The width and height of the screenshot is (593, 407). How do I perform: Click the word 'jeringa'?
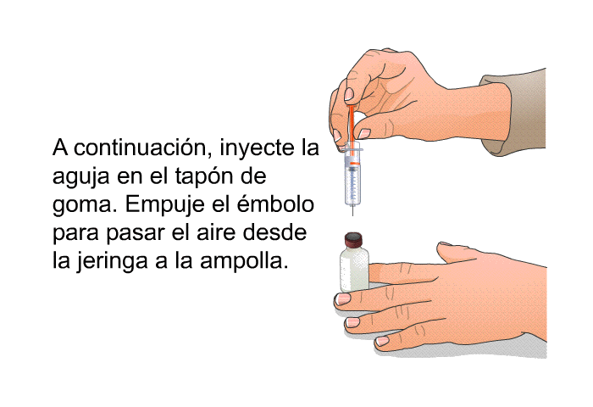(x=112, y=262)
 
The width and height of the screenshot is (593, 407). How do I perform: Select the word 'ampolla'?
(x=244, y=262)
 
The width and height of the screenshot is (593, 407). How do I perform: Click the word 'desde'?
(x=274, y=232)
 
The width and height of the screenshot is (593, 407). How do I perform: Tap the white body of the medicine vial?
(x=354, y=270)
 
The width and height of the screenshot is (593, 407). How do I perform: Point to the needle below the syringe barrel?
(x=353, y=210)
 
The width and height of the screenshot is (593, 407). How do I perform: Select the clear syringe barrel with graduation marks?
(x=352, y=177)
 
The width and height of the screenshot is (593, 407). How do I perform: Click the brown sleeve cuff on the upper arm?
(x=513, y=112)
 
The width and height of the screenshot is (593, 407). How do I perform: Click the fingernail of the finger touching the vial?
(x=343, y=298)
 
